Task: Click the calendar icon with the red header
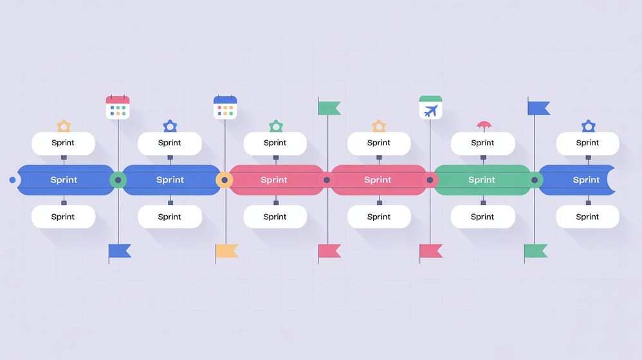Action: tap(118, 107)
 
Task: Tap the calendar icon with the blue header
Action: tap(225, 107)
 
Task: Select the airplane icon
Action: tap(430, 108)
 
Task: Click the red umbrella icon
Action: tap(483, 125)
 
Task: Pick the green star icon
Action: tap(275, 125)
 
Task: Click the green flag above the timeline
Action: tap(329, 107)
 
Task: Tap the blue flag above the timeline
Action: tap(538, 107)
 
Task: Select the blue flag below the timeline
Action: tap(120, 251)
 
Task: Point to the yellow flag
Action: tap(226, 251)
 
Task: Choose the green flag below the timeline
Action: tap(535, 251)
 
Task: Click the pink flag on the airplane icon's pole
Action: tap(431, 251)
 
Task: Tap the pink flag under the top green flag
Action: tap(329, 251)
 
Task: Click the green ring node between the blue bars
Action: tap(118, 180)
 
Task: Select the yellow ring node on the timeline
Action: tap(224, 180)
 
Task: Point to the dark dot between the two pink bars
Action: tap(327, 180)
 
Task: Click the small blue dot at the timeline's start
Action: tap(12, 180)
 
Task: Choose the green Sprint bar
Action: tap(482, 180)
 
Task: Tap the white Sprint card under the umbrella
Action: tap(482, 143)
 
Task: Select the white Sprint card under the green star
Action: tap(275, 143)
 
